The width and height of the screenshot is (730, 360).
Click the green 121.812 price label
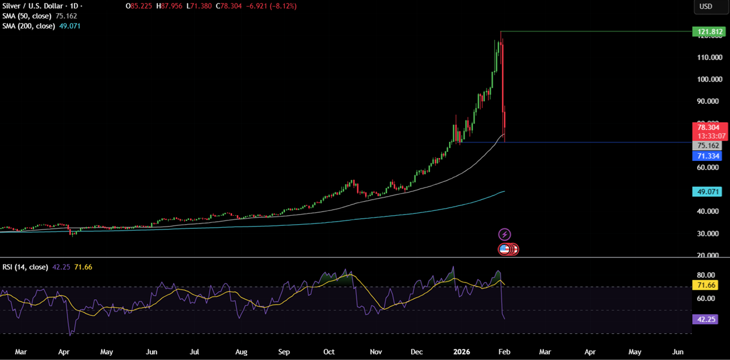(708, 32)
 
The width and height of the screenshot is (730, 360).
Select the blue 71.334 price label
(708, 156)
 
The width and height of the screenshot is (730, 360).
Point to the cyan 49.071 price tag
(708, 192)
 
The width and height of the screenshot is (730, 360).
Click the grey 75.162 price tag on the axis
(708, 145)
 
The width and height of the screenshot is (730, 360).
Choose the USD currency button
(706, 7)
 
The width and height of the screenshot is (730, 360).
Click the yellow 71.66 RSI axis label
(708, 285)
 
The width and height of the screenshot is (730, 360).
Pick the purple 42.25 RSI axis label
(708, 319)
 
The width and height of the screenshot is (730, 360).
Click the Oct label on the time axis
(329, 352)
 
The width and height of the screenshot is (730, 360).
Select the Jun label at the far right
(678, 352)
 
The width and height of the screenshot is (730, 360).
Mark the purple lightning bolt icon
(505, 234)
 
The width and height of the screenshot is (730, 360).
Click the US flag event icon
(505, 249)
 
